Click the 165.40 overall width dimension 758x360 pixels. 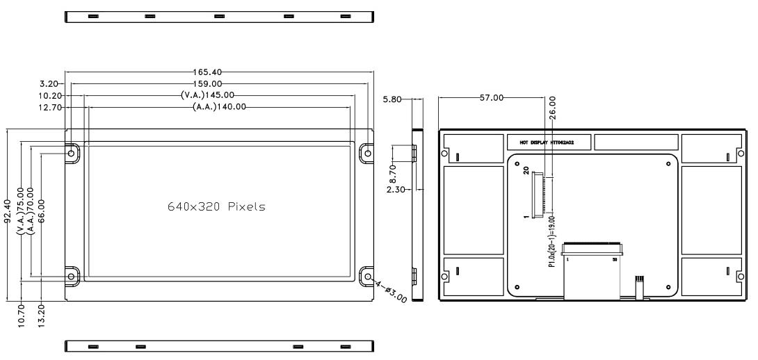pos(209,72)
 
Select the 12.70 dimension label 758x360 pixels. pos(49,106)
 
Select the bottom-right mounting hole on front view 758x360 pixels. pos(368,276)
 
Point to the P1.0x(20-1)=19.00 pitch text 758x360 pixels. pos(551,240)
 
